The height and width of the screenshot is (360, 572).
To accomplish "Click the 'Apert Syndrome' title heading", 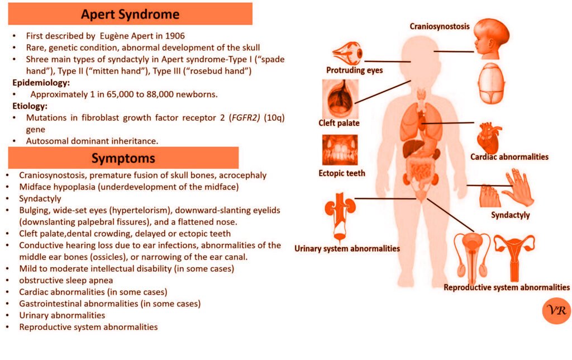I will point(130,13).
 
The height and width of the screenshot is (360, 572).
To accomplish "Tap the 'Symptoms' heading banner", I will point(123,158).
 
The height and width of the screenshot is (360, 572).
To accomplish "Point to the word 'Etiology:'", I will point(31,105).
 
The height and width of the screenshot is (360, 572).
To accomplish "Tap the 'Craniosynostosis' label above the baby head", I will point(440,26).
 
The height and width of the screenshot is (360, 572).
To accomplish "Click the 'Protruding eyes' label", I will point(354,70).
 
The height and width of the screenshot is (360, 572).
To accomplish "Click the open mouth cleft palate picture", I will point(339,98).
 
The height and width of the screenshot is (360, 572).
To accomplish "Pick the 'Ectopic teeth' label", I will point(341,173).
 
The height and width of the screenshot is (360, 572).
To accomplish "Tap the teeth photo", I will point(340,150).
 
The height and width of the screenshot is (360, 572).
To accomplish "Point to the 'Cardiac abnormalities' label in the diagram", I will point(509,157).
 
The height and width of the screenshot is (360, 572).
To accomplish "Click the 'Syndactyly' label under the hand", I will point(511,215).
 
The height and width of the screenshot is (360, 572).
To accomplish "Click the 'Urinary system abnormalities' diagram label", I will point(347,248).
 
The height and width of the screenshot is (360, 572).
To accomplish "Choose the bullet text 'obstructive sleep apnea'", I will point(66,280).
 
